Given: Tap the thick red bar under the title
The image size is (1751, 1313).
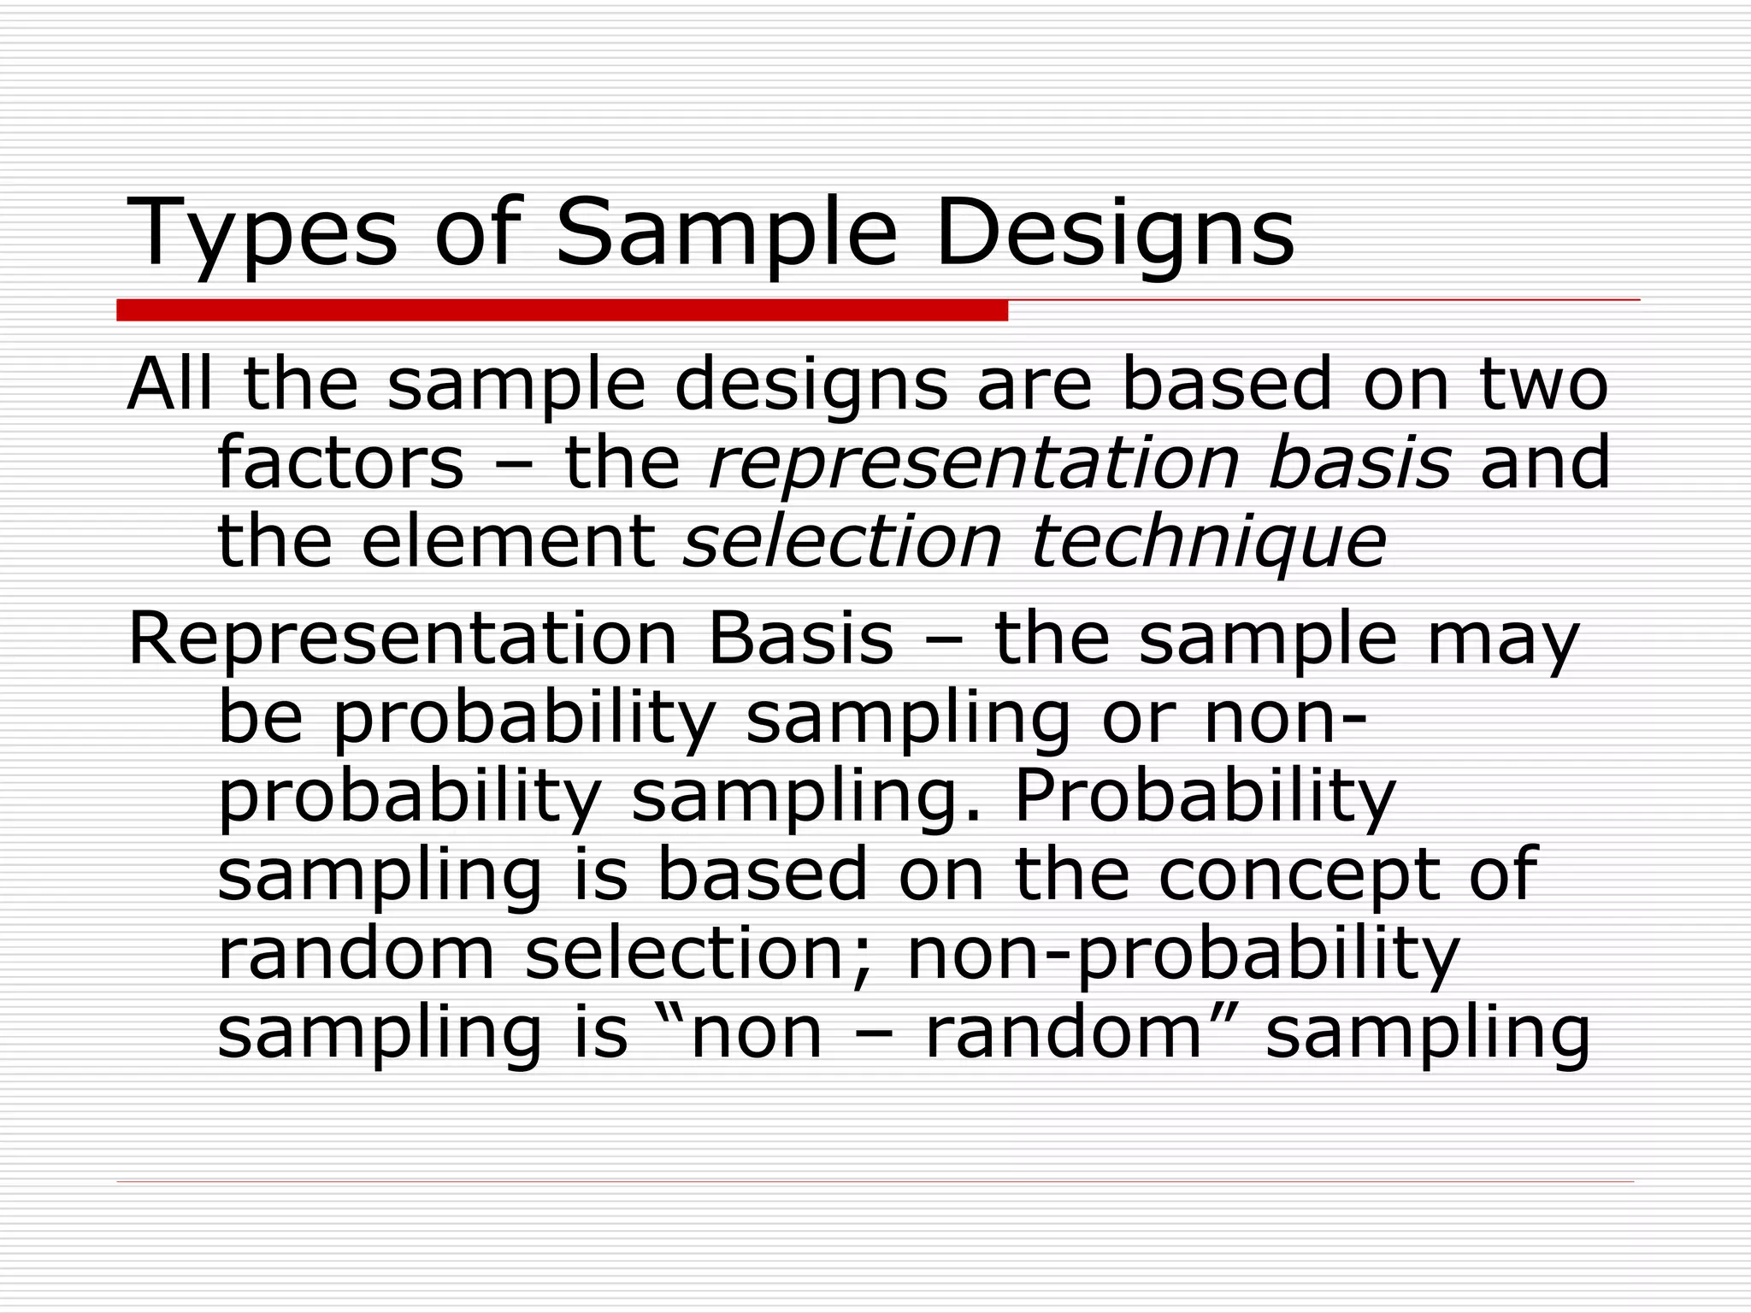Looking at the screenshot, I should point(562,310).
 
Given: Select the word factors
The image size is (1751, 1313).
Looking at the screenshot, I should point(340,463).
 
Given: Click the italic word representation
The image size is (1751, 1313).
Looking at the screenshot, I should point(974,463).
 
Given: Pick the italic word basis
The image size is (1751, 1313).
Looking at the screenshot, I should point(1359,463).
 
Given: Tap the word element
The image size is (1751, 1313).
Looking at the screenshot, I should point(508,542).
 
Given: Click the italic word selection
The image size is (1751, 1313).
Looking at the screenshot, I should point(842,542).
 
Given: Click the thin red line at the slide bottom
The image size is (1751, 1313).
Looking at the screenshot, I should point(875,1182).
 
